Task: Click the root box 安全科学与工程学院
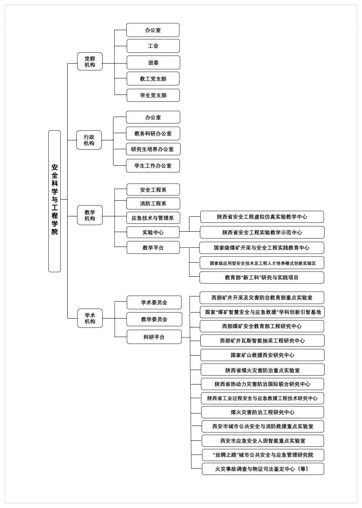click(54, 201)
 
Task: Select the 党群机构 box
click(90, 62)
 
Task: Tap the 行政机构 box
click(89, 140)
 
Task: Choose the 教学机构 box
click(90, 215)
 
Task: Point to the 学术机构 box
click(90, 318)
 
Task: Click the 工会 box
click(153, 46)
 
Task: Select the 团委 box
click(153, 62)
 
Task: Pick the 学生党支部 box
click(153, 95)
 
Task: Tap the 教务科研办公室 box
click(153, 134)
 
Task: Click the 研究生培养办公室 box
click(153, 149)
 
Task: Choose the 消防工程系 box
click(153, 204)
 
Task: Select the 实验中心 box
click(153, 232)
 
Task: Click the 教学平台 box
click(153, 248)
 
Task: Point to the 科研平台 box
click(154, 337)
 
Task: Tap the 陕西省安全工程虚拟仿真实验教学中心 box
click(262, 217)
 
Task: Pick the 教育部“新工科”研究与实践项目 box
click(261, 278)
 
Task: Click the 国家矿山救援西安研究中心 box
click(262, 355)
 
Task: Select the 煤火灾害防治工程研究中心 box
click(262, 412)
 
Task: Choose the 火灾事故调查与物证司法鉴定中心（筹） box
click(263, 469)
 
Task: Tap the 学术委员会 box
click(154, 302)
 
